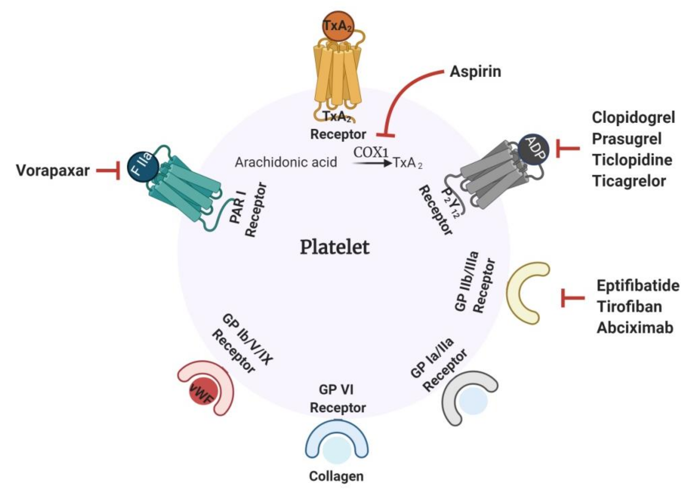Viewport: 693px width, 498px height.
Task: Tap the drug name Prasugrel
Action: (x=627, y=139)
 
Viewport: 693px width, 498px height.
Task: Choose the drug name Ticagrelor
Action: (x=629, y=181)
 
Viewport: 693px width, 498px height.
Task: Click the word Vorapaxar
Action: (x=53, y=171)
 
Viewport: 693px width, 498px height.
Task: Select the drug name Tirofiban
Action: (x=630, y=307)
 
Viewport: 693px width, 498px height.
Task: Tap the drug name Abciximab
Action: (x=635, y=328)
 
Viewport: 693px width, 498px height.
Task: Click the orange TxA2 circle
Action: (x=337, y=26)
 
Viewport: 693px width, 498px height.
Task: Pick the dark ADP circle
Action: (x=533, y=150)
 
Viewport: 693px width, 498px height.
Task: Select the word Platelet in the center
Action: (x=335, y=247)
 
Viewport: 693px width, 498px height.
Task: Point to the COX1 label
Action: (x=371, y=152)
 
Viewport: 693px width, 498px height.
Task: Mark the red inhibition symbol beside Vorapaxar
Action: (x=109, y=171)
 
